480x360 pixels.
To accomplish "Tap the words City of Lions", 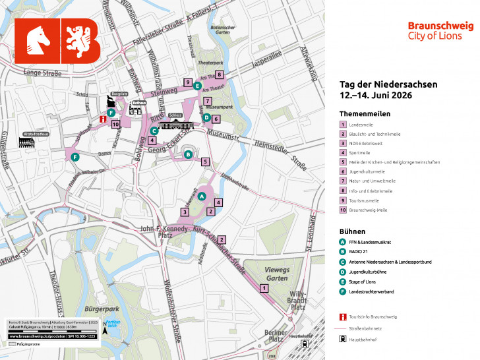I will click(440, 36).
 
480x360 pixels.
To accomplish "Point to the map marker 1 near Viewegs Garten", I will click(264, 288).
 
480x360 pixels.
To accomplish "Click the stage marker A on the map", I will click(202, 196).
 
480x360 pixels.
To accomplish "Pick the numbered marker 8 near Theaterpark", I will click(220, 75).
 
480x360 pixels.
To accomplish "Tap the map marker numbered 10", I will click(115, 124).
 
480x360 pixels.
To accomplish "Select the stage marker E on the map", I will click(198, 85).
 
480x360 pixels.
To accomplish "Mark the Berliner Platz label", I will click(275, 336).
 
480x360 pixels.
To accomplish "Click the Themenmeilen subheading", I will click(365, 113).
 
